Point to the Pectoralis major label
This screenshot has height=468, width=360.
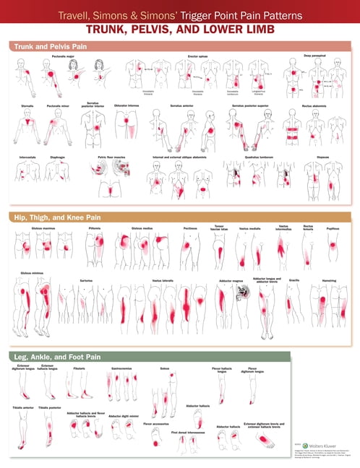[x=64, y=56]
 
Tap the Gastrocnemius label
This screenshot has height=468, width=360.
[x=121, y=367]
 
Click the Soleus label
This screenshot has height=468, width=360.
[x=165, y=367]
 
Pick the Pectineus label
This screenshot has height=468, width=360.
[x=190, y=227]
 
